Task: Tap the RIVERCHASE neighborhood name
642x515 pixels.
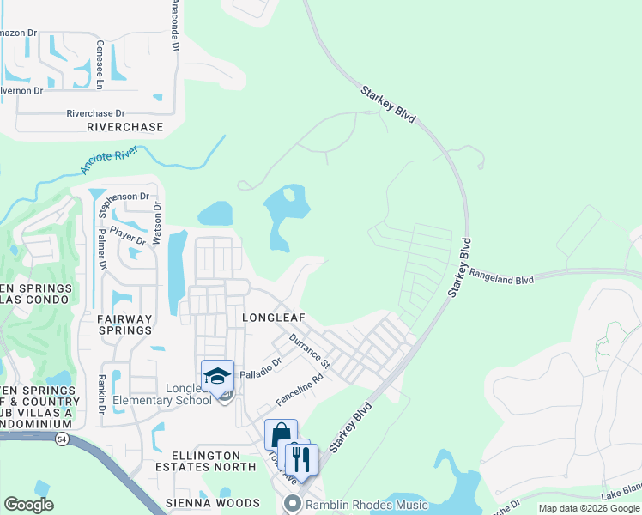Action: click(x=124, y=127)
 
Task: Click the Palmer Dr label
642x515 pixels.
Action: click(x=101, y=249)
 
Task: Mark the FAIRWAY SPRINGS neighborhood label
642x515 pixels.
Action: click(x=124, y=324)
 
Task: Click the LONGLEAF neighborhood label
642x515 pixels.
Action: click(x=274, y=317)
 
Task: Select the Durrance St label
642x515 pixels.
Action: click(x=309, y=348)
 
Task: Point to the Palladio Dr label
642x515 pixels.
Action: click(x=260, y=370)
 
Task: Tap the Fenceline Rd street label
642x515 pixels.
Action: click(x=300, y=390)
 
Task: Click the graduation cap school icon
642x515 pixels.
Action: click(x=217, y=376)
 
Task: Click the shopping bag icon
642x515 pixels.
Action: click(x=281, y=435)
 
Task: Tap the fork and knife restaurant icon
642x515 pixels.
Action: click(x=301, y=458)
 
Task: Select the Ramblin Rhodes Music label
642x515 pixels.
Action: click(x=366, y=504)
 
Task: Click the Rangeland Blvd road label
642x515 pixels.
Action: click(x=501, y=277)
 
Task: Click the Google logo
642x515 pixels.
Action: click(x=28, y=504)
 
